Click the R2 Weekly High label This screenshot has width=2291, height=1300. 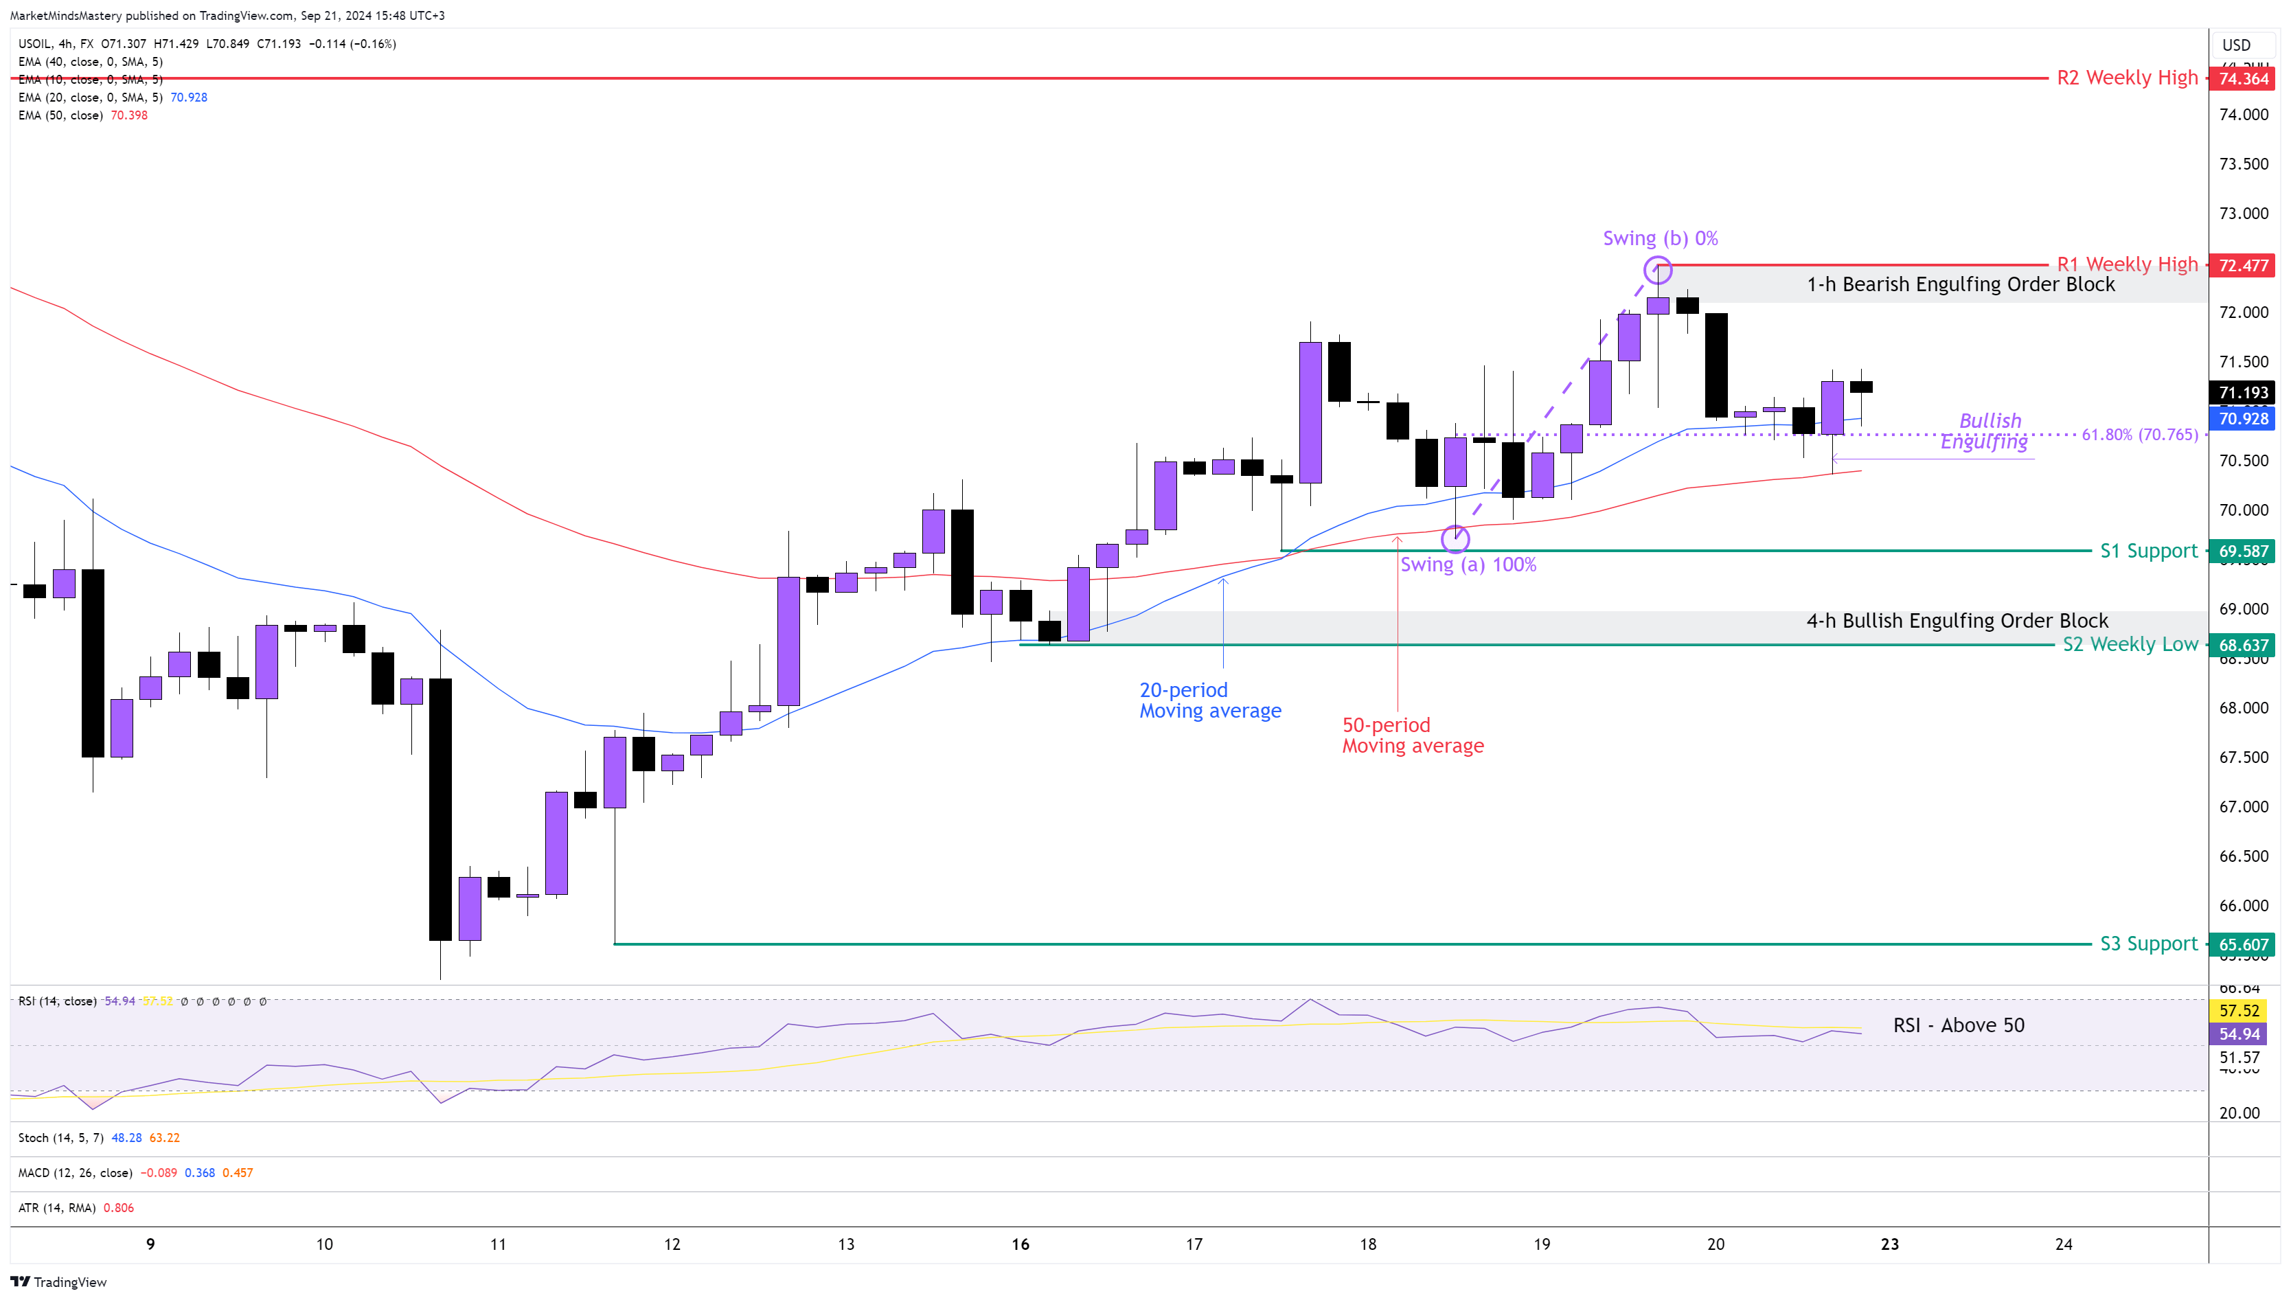pyautogui.click(x=2127, y=78)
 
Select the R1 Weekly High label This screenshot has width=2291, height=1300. pyautogui.click(x=2127, y=264)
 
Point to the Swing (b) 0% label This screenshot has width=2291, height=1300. pyautogui.click(x=1660, y=238)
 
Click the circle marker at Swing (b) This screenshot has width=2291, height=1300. pyautogui.click(x=1658, y=270)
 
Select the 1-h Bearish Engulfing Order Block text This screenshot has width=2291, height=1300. pyautogui.click(x=1961, y=284)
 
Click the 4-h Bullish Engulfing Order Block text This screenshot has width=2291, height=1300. pyautogui.click(x=1957, y=621)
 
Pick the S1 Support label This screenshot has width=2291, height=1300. pyautogui.click(x=2148, y=551)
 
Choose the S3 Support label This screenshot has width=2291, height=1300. pyautogui.click(x=2148, y=944)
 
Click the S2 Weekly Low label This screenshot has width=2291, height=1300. pyautogui.click(x=2130, y=645)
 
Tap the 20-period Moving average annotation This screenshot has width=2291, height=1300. pyautogui.click(x=1210, y=700)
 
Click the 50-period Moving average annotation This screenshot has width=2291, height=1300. pyautogui.click(x=1413, y=735)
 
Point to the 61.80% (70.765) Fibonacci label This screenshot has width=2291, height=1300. pyautogui.click(x=2139, y=435)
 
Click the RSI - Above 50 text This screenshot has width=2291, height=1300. pyautogui.click(x=1958, y=1025)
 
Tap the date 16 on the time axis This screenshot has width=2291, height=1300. pyautogui.click(x=1020, y=1244)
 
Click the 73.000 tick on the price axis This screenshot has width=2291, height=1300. pyautogui.click(x=2243, y=214)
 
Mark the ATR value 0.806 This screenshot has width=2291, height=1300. pyautogui.click(x=119, y=1208)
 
